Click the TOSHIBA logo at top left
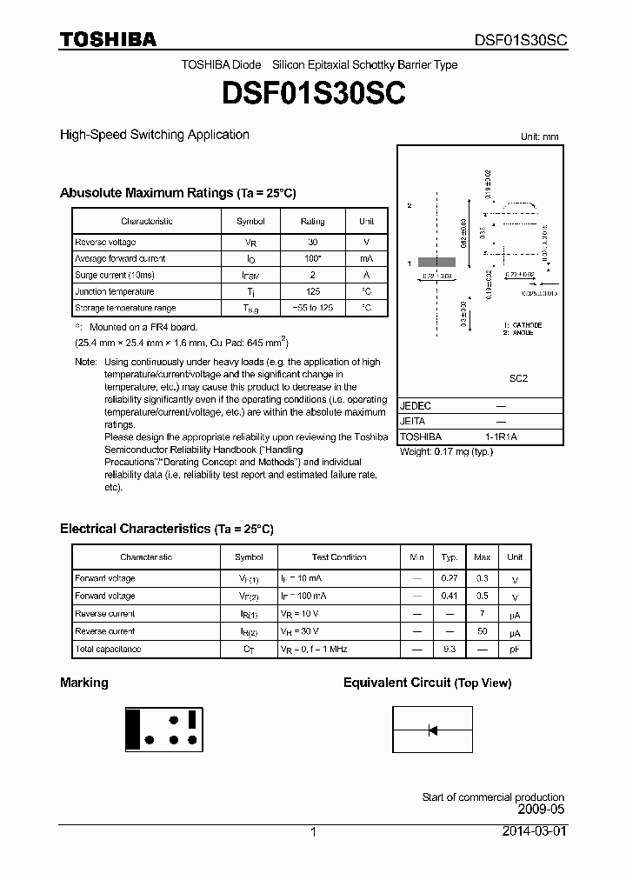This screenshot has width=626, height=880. pyautogui.click(x=108, y=39)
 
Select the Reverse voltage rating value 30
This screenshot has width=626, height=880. pyautogui.click(x=312, y=243)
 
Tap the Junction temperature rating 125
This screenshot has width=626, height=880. pyautogui.click(x=312, y=292)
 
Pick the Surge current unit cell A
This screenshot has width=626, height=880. pyautogui.click(x=366, y=276)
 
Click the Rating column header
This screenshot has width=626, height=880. pyautogui.click(x=312, y=222)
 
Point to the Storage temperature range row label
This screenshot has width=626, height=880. pyautogui.click(x=125, y=309)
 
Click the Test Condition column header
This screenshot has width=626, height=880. pyautogui.click(x=339, y=557)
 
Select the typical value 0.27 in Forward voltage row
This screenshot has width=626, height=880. pyautogui.click(x=450, y=578)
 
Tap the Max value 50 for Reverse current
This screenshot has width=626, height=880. pyautogui.click(x=483, y=631)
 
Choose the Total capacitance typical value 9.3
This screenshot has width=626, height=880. pyautogui.click(x=450, y=650)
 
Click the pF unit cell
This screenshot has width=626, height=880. pyautogui.click(x=516, y=650)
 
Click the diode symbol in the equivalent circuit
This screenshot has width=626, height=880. pyautogui.click(x=432, y=730)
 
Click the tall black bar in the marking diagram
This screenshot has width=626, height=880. pyautogui.click(x=134, y=729)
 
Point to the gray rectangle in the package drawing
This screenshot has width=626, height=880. pyautogui.click(x=436, y=262)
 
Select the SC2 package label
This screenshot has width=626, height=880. pyautogui.click(x=518, y=379)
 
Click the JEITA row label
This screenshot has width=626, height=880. pyautogui.click(x=413, y=421)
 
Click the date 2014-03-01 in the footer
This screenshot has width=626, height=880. pyautogui.click(x=533, y=831)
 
